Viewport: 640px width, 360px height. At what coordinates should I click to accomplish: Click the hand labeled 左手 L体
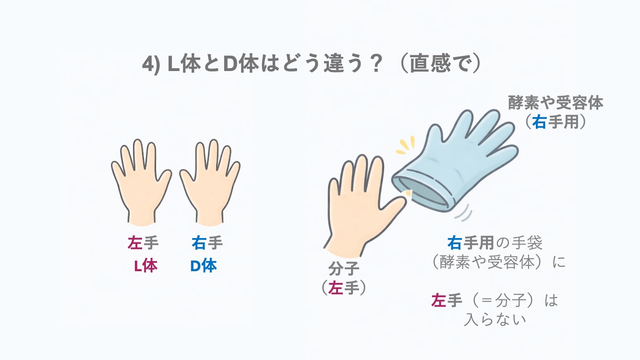pyautogui.click(x=141, y=183)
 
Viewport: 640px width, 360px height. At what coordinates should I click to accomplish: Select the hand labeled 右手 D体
pyautogui.click(x=210, y=183)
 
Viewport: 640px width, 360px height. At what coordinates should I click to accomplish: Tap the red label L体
pyautogui.click(x=145, y=266)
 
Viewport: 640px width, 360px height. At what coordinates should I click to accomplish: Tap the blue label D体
pyautogui.click(x=204, y=266)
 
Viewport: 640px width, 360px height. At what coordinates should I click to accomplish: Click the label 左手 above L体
pyautogui.click(x=143, y=243)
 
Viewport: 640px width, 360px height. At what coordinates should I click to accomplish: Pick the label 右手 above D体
pyautogui.click(x=207, y=243)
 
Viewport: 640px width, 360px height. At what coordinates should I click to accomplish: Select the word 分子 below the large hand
pyautogui.click(x=344, y=269)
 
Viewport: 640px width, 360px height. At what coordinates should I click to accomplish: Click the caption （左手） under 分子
pyautogui.click(x=344, y=288)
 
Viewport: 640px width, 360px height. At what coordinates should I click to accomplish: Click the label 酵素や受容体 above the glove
pyautogui.click(x=555, y=103)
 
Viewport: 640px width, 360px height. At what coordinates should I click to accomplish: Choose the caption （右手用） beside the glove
pyautogui.click(x=555, y=122)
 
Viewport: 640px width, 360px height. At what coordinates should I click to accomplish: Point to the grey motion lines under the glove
pyautogui.click(x=463, y=213)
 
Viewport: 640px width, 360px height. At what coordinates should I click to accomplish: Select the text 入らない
pyautogui.click(x=495, y=319)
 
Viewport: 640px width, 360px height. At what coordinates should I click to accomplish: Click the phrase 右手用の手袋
pyautogui.click(x=495, y=243)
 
